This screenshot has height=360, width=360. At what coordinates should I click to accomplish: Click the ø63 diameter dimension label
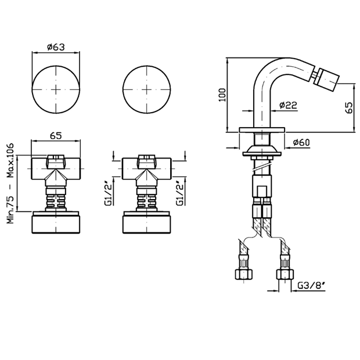[x=56, y=47]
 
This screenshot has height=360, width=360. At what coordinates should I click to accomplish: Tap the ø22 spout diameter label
[x=288, y=105]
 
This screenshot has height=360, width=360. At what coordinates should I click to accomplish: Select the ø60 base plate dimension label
[x=301, y=143]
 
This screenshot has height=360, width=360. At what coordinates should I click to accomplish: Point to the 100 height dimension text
[x=222, y=95]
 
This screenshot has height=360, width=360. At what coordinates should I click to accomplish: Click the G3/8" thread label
[x=311, y=286]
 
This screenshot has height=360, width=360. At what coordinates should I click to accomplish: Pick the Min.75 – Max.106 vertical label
[x=10, y=183]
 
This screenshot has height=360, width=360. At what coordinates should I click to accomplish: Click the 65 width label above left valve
[x=56, y=136]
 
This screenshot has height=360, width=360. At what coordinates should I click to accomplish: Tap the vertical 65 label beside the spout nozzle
[x=348, y=107]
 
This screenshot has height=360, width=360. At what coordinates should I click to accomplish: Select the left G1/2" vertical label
[x=108, y=192]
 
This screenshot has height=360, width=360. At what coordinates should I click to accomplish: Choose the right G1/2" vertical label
[x=179, y=192]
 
